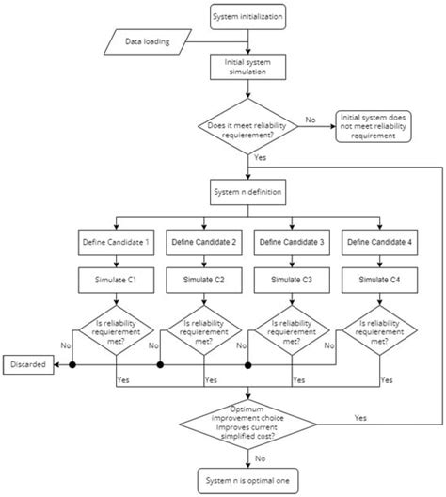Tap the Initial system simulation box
point(247,69)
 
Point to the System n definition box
point(247,195)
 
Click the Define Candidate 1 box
point(116,244)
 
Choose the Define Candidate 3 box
point(292,244)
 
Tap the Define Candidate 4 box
point(379,244)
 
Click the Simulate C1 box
point(116,281)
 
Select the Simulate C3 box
point(292,281)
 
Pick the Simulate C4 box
point(379,281)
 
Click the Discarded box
point(28,363)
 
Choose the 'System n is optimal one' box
point(247,481)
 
